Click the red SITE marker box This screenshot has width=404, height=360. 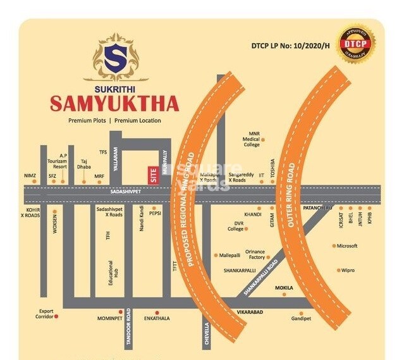(x=152, y=173)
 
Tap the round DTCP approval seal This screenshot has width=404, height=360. (x=356, y=44)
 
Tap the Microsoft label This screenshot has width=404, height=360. (x=347, y=245)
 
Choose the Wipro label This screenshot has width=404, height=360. (x=348, y=270)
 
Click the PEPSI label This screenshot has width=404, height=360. (x=156, y=214)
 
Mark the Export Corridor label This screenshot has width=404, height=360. (x=46, y=314)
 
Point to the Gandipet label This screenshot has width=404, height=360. (x=301, y=318)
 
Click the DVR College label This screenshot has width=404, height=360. (x=236, y=226)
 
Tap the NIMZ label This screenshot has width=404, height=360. (x=30, y=176)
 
